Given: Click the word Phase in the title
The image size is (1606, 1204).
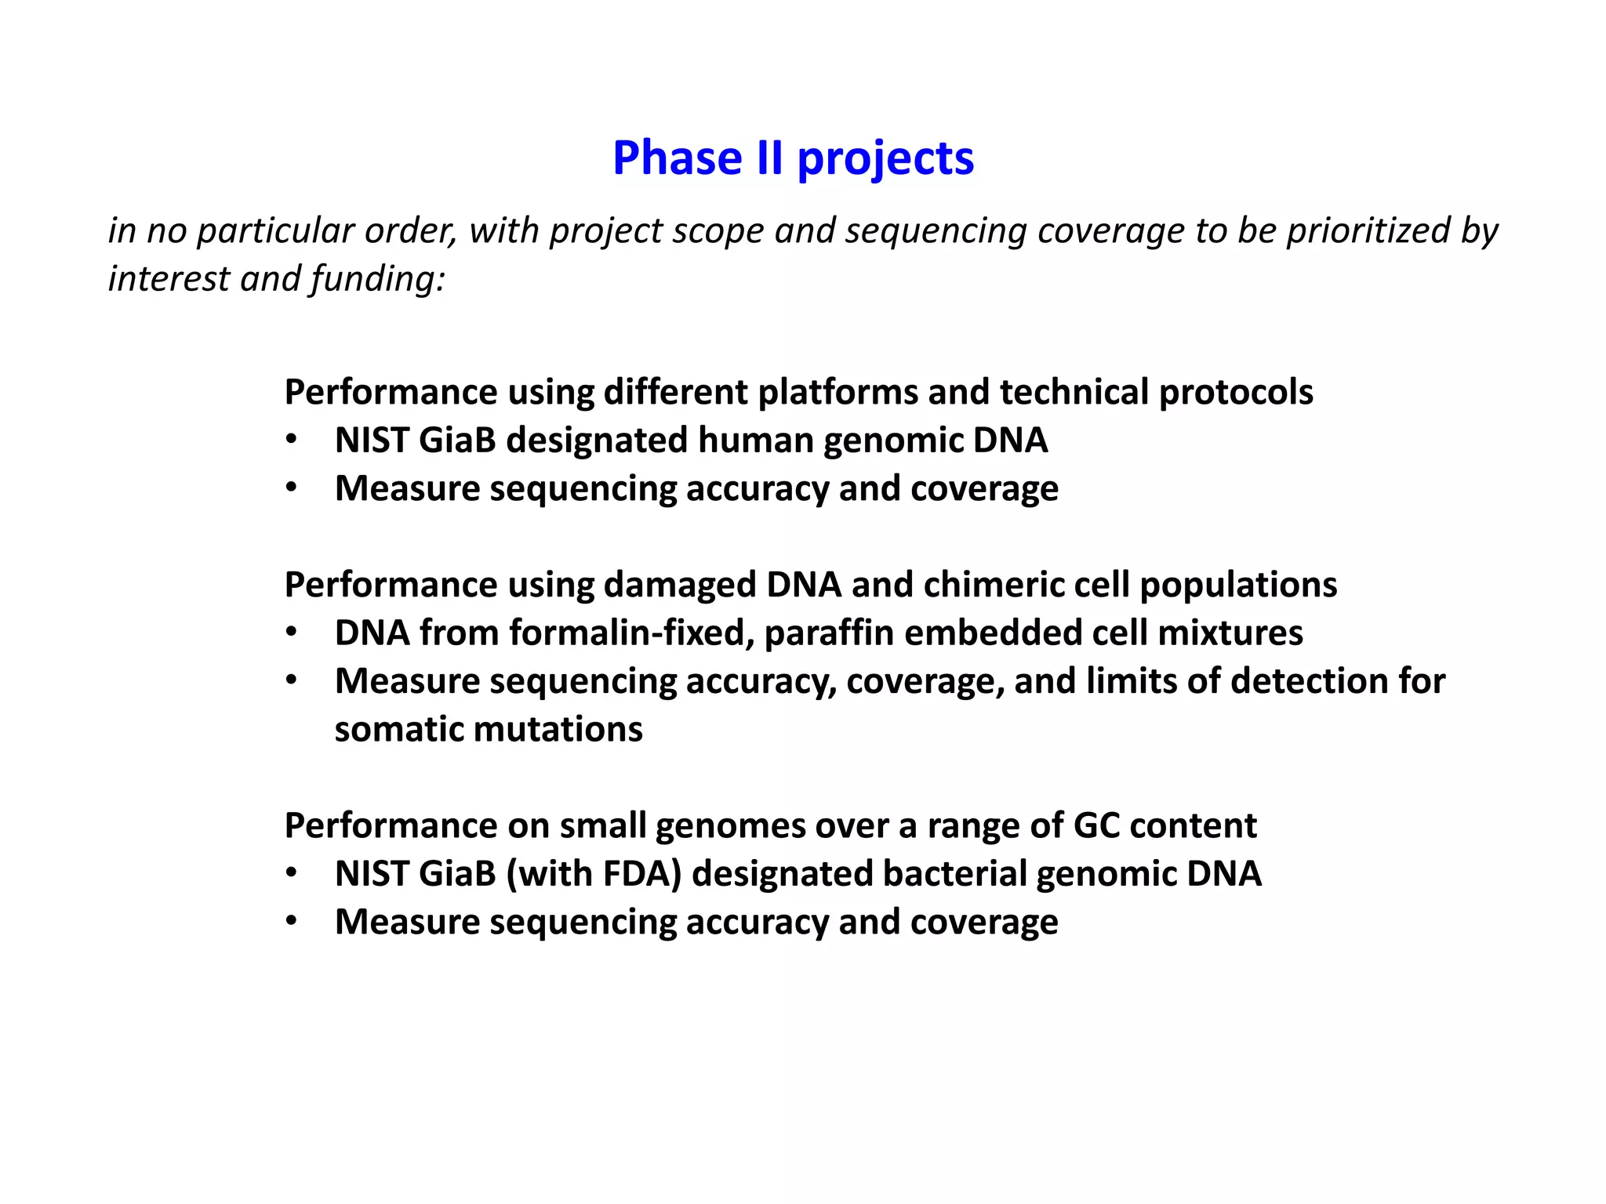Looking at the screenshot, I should (x=677, y=158).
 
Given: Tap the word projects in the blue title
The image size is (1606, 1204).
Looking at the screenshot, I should (x=885, y=160).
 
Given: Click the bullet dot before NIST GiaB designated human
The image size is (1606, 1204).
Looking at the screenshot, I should (x=292, y=440).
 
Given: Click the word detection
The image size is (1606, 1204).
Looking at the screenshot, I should (x=1307, y=680).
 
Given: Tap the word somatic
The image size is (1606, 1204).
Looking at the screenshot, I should (x=399, y=729).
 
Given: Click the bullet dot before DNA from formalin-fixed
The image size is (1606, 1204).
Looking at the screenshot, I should (x=292, y=633).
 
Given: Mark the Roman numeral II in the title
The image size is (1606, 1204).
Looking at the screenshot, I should (x=769, y=158).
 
